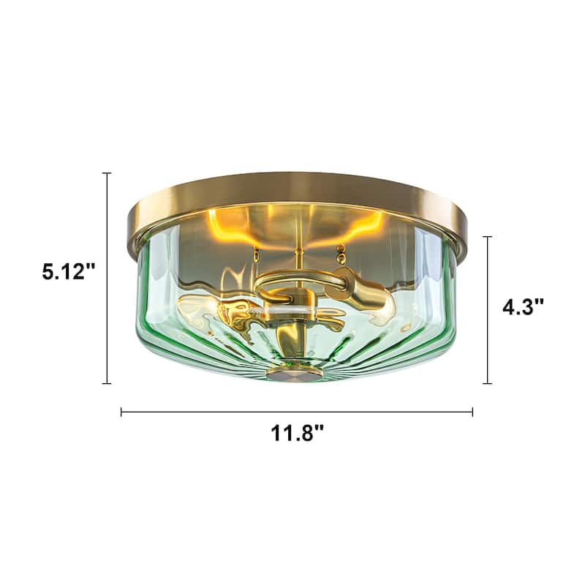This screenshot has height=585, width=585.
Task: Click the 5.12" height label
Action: (x=69, y=272)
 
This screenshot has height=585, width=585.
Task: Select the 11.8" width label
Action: (x=298, y=434)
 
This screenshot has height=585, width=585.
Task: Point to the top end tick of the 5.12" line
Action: (x=107, y=173)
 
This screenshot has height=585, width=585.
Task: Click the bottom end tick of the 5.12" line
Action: (x=107, y=383)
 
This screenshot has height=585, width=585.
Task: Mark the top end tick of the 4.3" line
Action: (x=488, y=237)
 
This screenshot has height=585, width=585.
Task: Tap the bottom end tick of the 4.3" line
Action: (x=488, y=383)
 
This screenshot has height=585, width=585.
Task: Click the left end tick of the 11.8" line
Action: (x=121, y=412)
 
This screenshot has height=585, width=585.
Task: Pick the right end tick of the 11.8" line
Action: (x=472, y=412)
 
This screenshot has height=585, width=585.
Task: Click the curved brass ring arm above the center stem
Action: (x=296, y=281)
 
